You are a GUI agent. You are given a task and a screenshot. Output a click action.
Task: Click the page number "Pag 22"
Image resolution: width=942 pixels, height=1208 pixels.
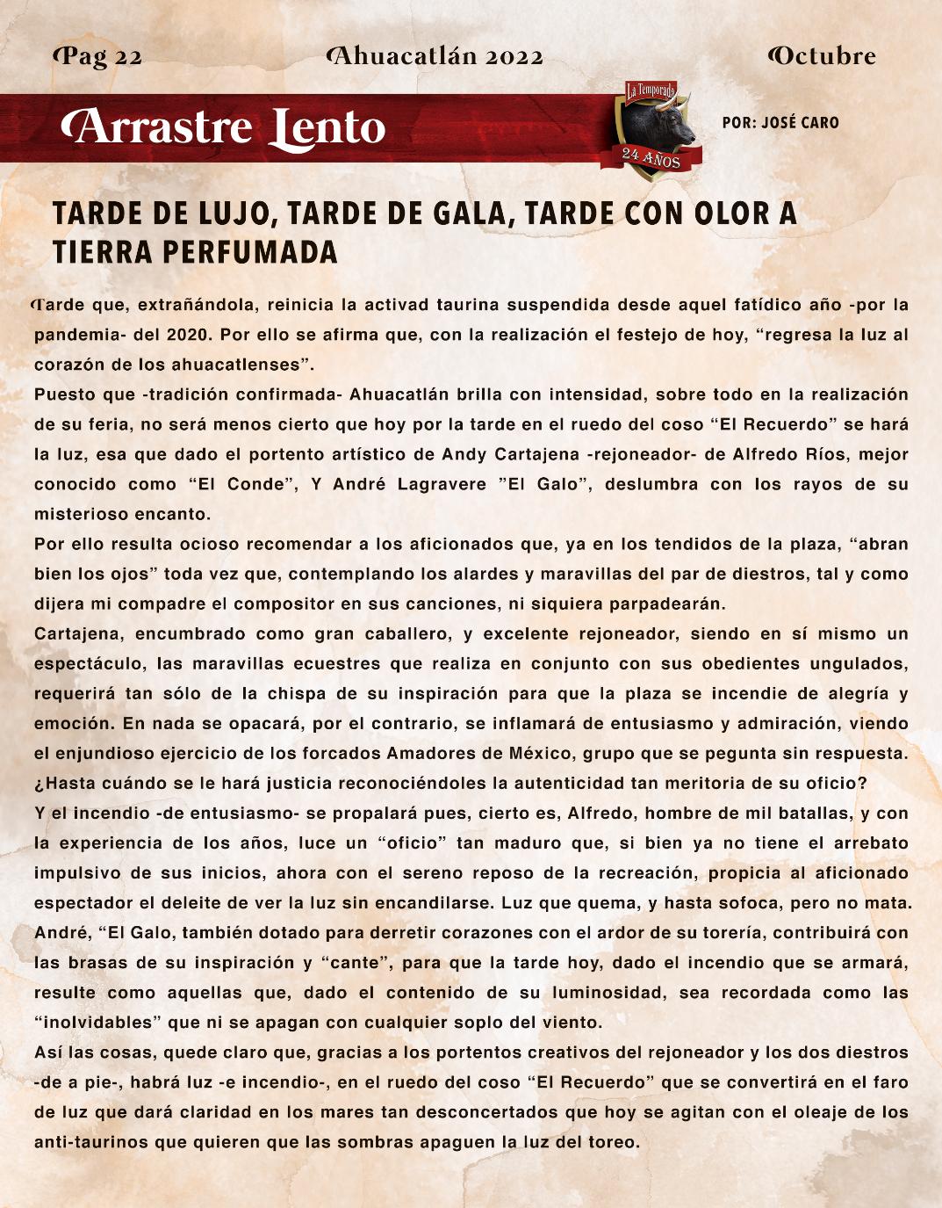point(98,57)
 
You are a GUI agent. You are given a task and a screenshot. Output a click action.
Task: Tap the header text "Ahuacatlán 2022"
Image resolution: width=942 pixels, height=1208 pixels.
point(435,57)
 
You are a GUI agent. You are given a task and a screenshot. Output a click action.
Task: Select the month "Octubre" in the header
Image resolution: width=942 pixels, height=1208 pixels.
point(822,57)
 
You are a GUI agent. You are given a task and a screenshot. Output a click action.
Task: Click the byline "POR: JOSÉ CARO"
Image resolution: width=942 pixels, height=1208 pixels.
point(780,123)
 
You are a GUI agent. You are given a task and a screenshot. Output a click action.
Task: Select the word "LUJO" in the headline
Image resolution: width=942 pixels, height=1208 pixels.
point(227,215)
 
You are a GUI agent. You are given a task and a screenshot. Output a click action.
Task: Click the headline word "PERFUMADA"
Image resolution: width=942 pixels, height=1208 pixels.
point(250,253)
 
